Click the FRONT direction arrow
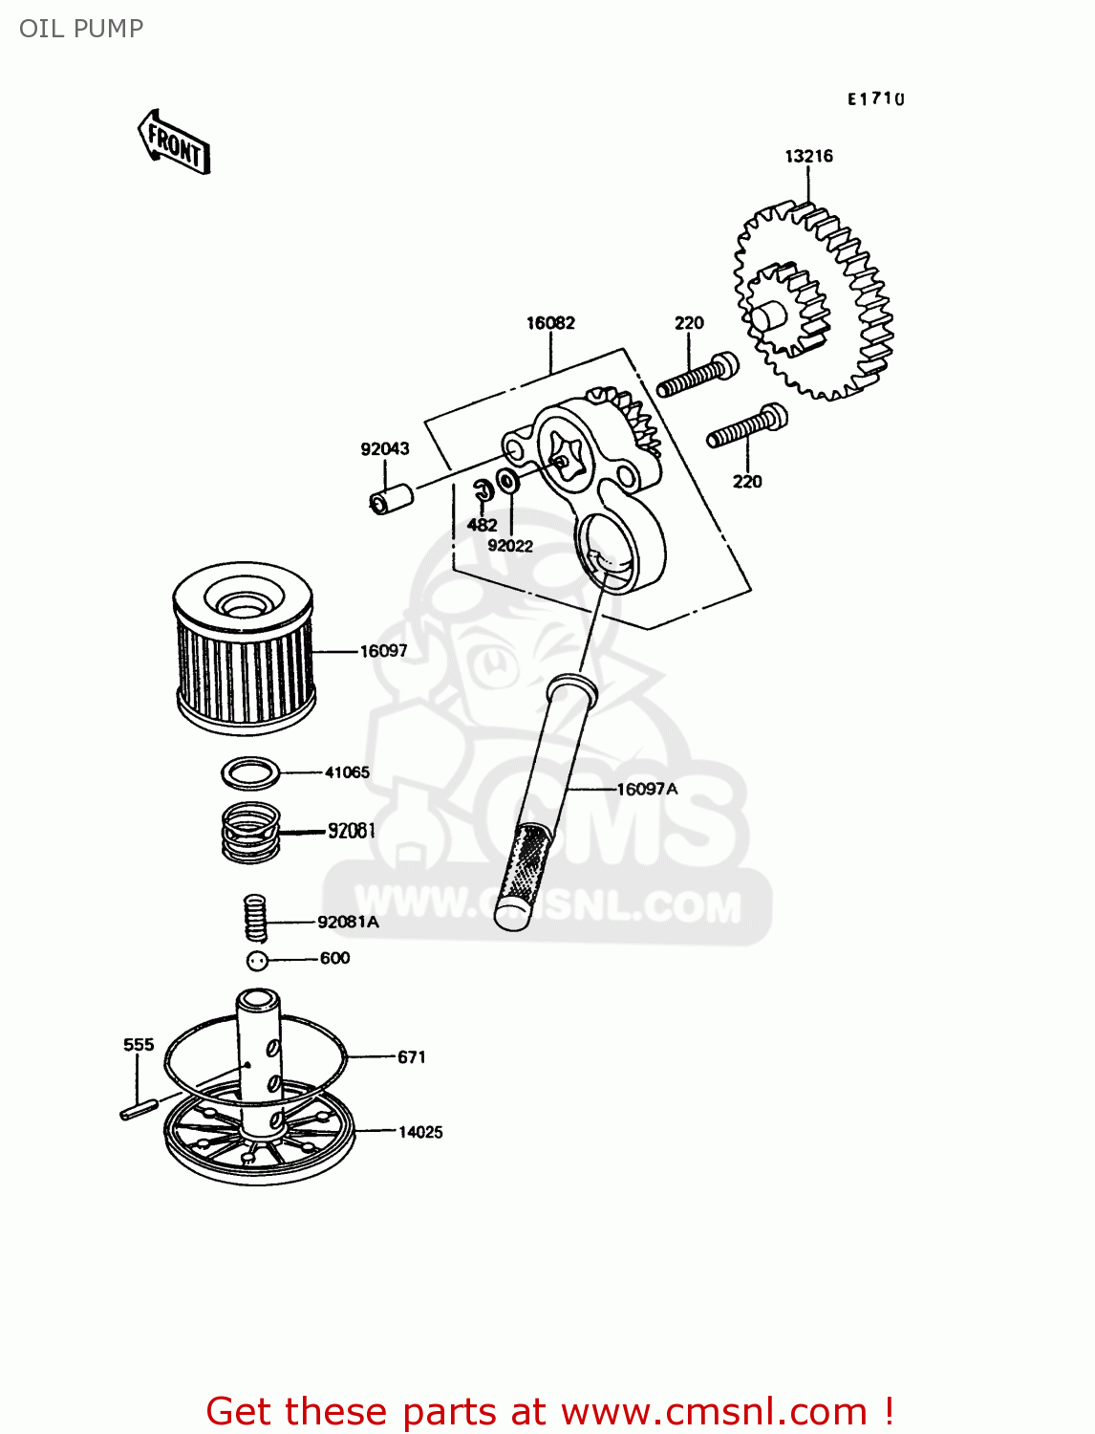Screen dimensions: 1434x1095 tap(174, 142)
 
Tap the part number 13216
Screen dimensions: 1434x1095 tap(808, 156)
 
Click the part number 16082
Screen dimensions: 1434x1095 tap(550, 323)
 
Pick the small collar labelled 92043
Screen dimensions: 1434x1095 tap(391, 498)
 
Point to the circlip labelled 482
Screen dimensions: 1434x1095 tap(483, 490)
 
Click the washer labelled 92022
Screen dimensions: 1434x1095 tap(508, 481)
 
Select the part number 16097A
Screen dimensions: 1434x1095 tap(647, 790)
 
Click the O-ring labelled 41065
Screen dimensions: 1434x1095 tap(250, 772)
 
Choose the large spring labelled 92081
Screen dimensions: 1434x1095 tap(250, 832)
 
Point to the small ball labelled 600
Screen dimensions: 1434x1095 tap(256, 961)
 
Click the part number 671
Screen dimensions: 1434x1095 tap(411, 1057)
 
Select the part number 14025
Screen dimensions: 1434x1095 tap(420, 1132)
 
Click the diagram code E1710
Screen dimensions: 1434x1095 tap(875, 98)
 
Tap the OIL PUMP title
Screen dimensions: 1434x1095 tap(81, 29)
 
